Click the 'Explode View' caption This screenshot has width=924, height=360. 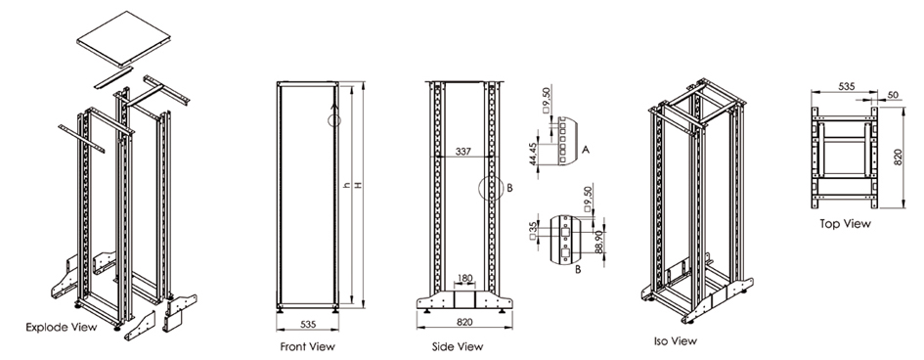pyautogui.click(x=62, y=327)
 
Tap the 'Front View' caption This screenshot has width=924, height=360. pyautogui.click(x=308, y=346)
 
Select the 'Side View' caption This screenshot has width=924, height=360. pyautogui.click(x=458, y=346)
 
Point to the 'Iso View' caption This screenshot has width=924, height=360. pyautogui.click(x=676, y=340)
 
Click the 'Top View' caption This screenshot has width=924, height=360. pyautogui.click(x=845, y=224)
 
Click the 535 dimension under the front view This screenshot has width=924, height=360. pyautogui.click(x=308, y=324)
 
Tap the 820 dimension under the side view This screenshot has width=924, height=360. pyautogui.click(x=463, y=322)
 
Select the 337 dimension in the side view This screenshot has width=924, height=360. pyautogui.click(x=464, y=152)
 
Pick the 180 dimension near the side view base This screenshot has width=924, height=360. pyautogui.click(x=464, y=277)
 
